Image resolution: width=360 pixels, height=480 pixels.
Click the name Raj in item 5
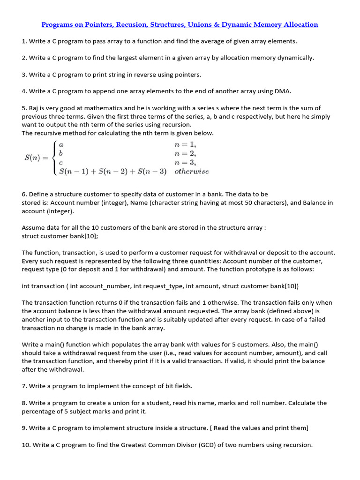[35, 108]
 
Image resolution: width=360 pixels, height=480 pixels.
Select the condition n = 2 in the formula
[185, 153]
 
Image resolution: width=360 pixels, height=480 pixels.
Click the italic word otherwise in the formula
[191, 172]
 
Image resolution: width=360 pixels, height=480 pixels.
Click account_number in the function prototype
[102, 286]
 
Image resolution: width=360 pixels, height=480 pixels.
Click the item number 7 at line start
[24, 386]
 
